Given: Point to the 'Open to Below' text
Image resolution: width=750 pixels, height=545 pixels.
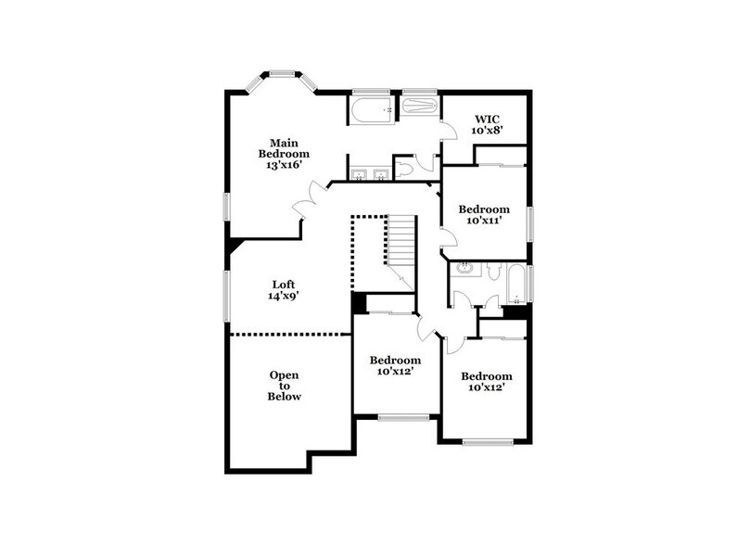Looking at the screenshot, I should [x=284, y=385].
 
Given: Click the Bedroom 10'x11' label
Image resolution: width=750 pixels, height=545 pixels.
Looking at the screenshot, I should [x=485, y=215].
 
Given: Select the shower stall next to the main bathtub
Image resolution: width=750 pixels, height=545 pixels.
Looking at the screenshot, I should [x=420, y=108].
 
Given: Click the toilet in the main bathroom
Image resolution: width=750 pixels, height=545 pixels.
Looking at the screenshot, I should [x=409, y=168].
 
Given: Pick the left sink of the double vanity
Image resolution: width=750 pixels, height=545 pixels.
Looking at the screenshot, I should [x=358, y=173].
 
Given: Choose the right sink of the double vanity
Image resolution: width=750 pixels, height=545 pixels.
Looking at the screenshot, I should [x=380, y=173].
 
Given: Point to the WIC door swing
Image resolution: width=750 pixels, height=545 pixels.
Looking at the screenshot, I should [x=448, y=130].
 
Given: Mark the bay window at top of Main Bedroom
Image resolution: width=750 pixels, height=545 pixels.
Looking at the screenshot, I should [x=282, y=75].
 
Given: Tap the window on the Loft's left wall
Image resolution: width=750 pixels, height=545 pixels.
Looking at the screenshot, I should [x=225, y=296].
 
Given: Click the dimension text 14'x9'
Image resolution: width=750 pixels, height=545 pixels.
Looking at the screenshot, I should [x=284, y=297].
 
